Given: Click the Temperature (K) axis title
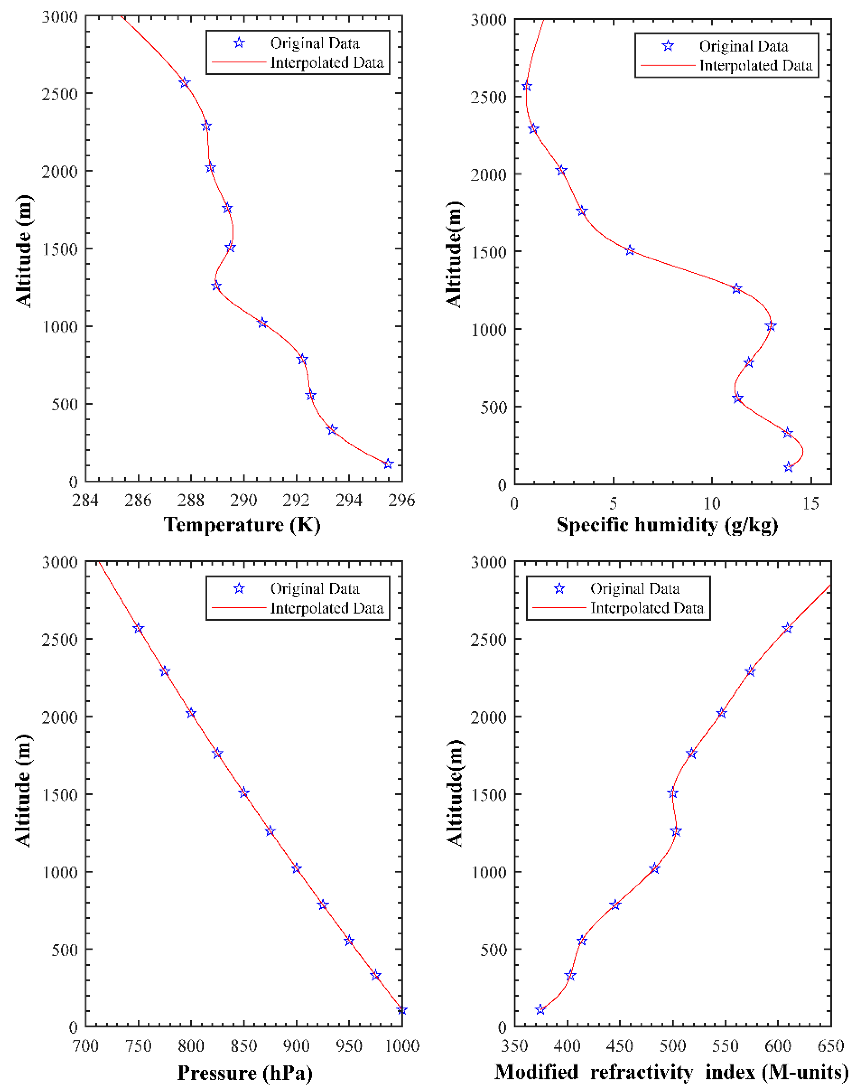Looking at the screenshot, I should coord(242,525).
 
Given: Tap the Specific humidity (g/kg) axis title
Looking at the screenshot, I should coord(667,525).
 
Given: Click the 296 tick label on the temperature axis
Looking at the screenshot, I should coord(401,500).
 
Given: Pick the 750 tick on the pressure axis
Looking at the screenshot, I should coord(138,1046).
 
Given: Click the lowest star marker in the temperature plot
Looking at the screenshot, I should coord(388,464).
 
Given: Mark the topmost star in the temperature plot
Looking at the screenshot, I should coord(185,82).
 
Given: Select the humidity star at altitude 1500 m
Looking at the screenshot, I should coord(630,250).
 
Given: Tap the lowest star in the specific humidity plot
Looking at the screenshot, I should coord(788,467).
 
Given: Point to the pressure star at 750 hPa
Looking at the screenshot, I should coord(138,628).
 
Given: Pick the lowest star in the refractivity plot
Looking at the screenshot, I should coord(540,1010).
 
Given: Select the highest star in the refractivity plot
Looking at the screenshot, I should coord(787,628).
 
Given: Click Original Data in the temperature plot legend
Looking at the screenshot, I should coord(315,43).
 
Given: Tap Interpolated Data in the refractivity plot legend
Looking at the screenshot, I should coord(646,608).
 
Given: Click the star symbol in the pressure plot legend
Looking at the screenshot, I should coord(239,589).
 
